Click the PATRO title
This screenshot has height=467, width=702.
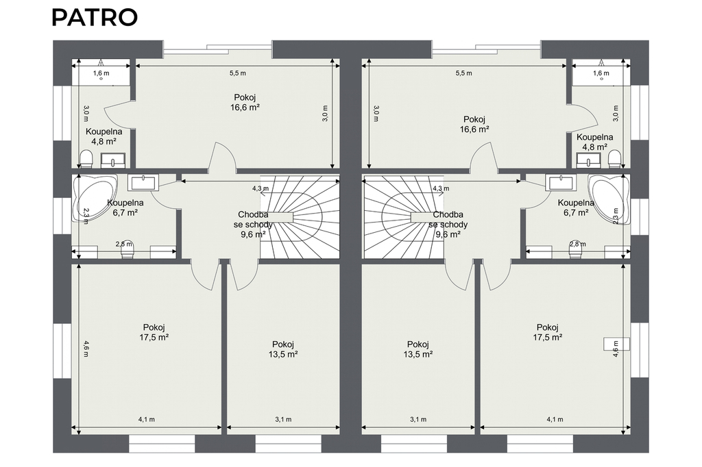(x=95, y=17)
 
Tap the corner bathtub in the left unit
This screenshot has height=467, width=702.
(x=94, y=198)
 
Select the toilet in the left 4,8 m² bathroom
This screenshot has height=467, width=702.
(x=86, y=160)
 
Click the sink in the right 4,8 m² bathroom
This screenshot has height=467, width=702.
(x=588, y=160)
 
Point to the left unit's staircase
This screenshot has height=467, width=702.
(x=300, y=216)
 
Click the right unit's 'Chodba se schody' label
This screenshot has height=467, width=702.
(x=448, y=224)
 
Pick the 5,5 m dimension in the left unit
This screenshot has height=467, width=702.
(x=238, y=73)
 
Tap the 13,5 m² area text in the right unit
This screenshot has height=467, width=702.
(x=418, y=354)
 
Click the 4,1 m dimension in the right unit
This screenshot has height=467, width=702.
(x=555, y=420)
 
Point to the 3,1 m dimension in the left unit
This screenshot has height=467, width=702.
(x=283, y=420)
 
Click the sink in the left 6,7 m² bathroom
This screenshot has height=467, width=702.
(x=141, y=183)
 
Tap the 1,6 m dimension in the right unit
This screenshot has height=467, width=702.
(x=601, y=73)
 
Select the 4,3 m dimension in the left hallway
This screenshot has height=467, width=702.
(x=260, y=188)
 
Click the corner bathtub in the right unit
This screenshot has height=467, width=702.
(x=609, y=198)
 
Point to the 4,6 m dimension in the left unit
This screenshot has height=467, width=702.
(x=86, y=349)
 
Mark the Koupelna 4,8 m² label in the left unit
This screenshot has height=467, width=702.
(x=104, y=136)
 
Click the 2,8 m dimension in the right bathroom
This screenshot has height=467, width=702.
(x=577, y=244)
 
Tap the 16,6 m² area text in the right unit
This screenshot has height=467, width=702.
(x=474, y=129)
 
